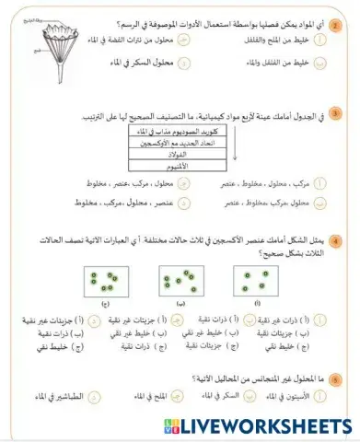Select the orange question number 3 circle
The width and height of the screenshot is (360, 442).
(x=334, y=115)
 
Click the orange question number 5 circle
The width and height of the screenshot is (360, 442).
(x=334, y=378)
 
